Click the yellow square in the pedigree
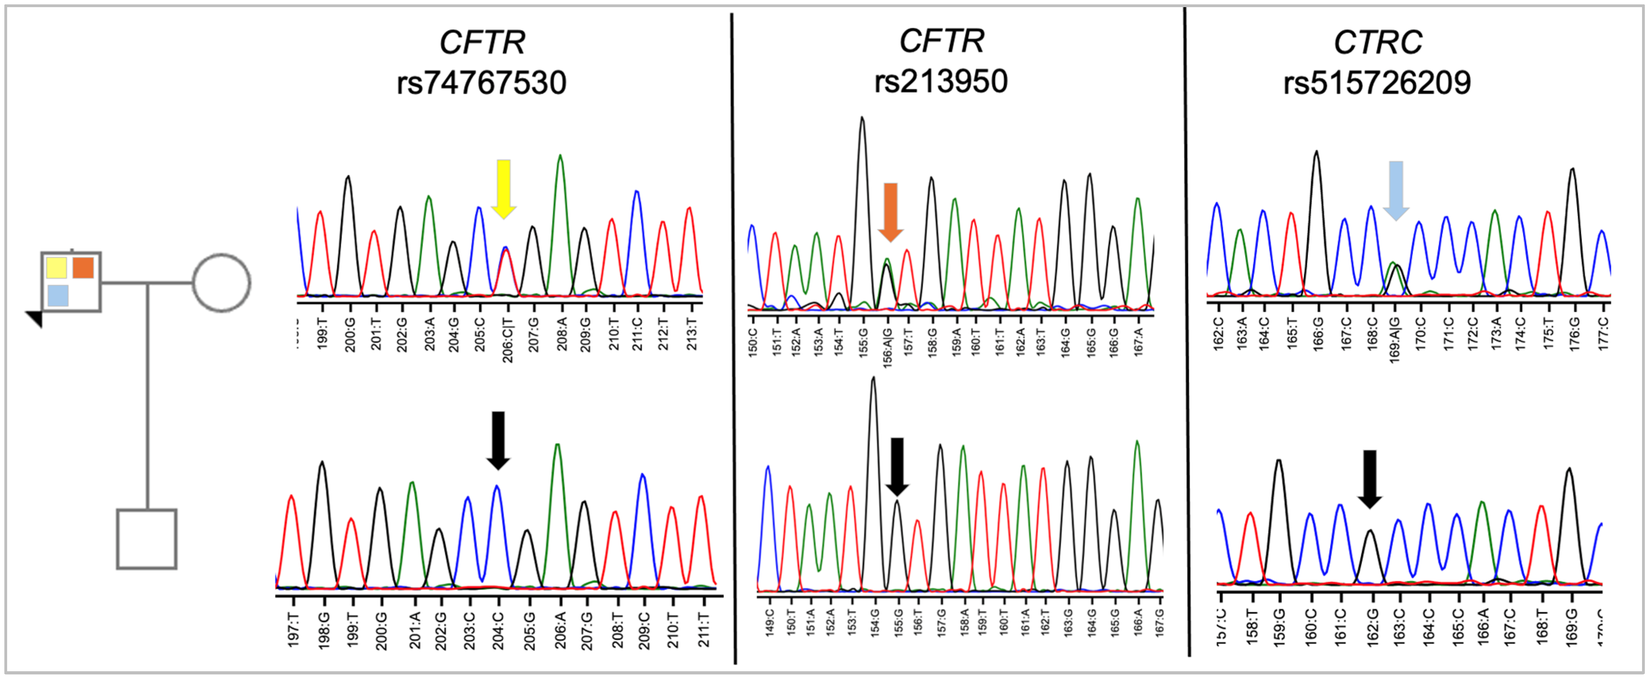click(56, 268)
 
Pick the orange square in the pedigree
click(83, 268)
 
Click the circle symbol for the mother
click(221, 282)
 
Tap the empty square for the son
click(146, 539)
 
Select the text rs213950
click(941, 82)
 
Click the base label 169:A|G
click(1395, 339)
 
